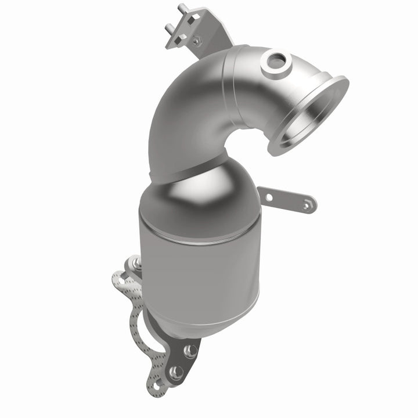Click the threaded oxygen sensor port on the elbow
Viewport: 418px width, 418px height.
click(x=275, y=60)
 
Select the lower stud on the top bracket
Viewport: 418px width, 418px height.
click(x=171, y=28)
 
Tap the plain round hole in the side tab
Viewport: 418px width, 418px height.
click(x=269, y=197)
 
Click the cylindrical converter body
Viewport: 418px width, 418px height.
click(x=197, y=267)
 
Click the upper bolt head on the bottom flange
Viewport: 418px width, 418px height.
click(x=189, y=351)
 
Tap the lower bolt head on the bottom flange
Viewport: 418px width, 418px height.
click(x=176, y=372)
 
